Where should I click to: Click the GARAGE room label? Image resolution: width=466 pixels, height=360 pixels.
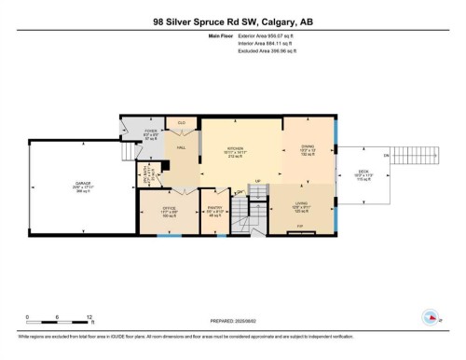(82, 184)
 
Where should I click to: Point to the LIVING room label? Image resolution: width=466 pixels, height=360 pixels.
(301, 205)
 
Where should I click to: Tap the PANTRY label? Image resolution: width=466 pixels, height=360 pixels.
(213, 210)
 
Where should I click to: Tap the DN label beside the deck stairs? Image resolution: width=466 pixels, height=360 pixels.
(386, 155)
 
